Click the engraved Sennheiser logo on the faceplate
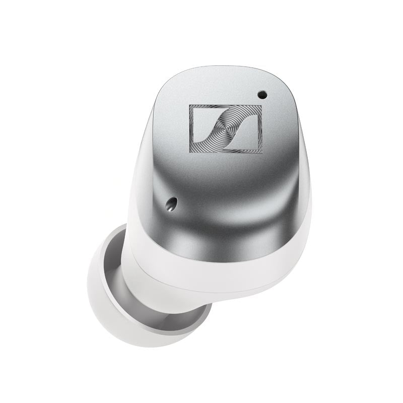coord(226,128)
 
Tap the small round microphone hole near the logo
coord(261,94)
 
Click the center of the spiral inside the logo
coord(226,128)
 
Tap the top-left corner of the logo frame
coord(189,105)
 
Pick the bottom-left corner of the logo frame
coord(189,152)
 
